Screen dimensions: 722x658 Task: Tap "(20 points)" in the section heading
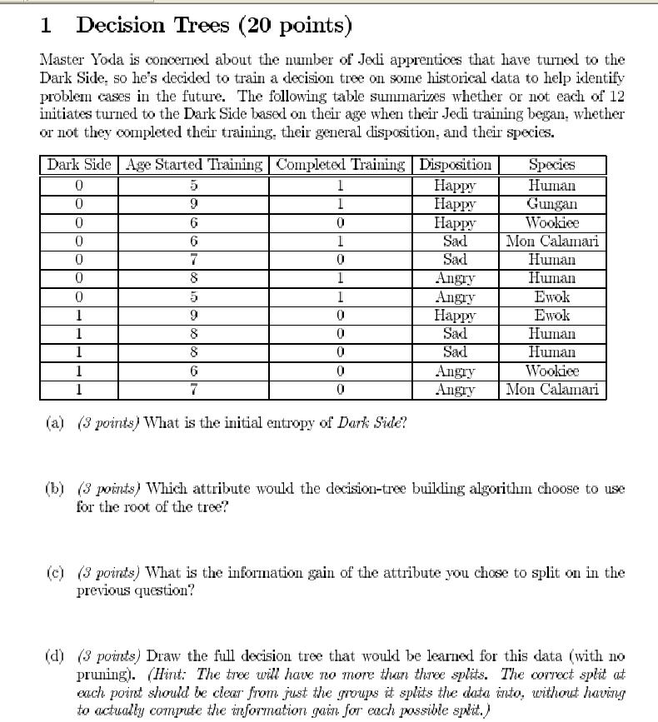[295, 26]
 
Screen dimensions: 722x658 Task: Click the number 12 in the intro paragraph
[616, 97]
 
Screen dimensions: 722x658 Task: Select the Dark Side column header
[78, 164]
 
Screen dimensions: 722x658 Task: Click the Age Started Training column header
[194, 164]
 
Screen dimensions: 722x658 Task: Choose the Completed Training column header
[341, 164]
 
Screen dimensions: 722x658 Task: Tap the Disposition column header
[455, 164]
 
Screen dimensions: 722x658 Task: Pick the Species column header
[551, 164]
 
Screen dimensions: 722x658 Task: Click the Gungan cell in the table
[551, 204]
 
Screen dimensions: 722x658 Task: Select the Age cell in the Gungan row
[193, 204]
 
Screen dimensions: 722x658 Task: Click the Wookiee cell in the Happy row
[551, 223]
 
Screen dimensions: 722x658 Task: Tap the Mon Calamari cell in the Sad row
[551, 241]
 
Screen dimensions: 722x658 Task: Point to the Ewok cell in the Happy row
[551, 316]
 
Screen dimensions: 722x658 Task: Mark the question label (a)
[55, 422]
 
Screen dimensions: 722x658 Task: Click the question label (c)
[55, 573]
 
